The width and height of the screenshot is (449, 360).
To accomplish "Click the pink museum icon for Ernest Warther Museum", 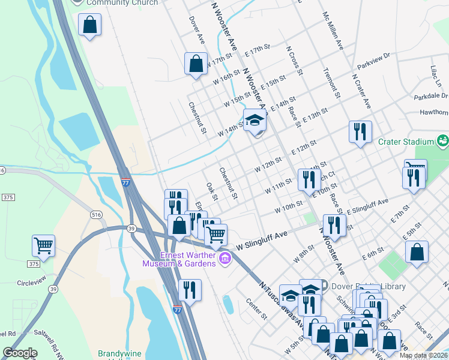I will (225, 259).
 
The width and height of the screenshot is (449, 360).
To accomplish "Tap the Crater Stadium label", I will (405, 142).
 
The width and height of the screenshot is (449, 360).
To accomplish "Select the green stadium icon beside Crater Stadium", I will (443, 142).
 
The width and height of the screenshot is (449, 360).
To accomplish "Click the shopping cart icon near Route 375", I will (43, 245).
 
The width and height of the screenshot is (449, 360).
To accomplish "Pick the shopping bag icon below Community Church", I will (89, 25).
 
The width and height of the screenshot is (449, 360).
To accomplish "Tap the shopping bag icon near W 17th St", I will (196, 63).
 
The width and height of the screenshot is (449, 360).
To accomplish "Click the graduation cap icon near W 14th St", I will (255, 121).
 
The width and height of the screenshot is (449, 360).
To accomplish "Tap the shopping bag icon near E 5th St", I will (417, 252).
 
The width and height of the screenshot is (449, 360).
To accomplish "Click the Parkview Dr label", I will (373, 59).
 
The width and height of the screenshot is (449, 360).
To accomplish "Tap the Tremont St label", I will (332, 83).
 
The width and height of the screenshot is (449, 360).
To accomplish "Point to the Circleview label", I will (31, 283).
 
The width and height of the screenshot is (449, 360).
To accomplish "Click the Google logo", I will (20, 353).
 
